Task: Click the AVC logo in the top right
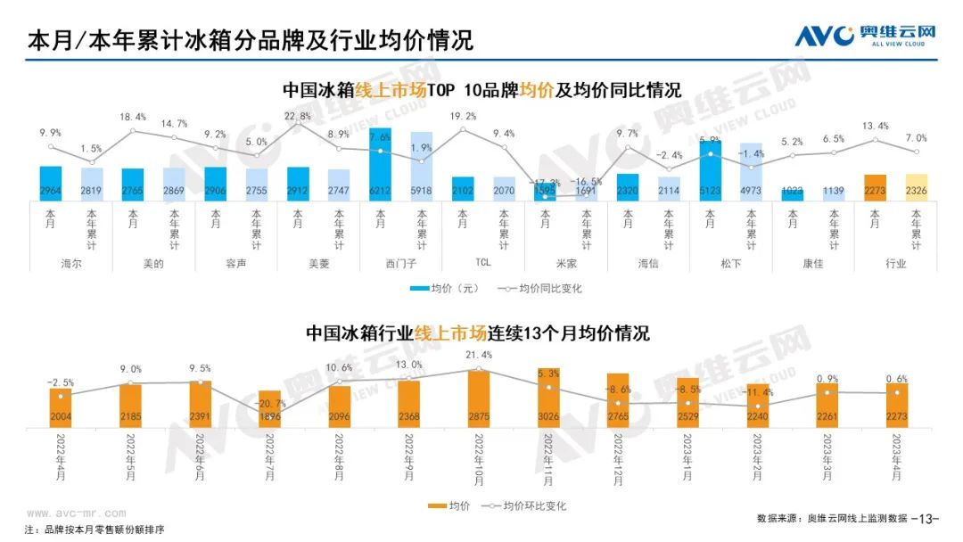pos(865,35)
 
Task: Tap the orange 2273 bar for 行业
pos(875,187)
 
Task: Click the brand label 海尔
pos(51,264)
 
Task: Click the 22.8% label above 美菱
pos(297,117)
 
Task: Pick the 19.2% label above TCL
pos(463,117)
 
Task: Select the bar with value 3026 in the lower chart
pos(548,397)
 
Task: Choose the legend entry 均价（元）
pos(446,288)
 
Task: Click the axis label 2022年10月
pos(479,460)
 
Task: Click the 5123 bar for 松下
pos(711,170)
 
